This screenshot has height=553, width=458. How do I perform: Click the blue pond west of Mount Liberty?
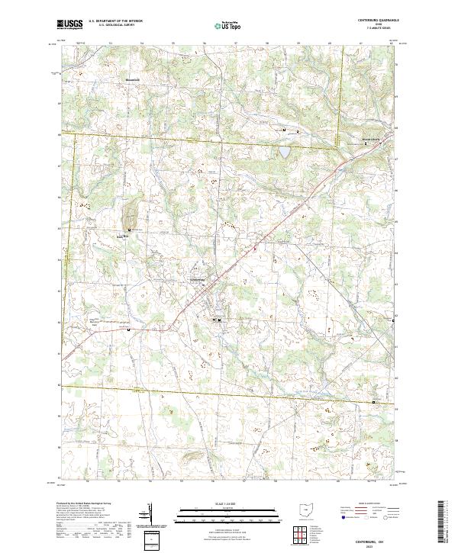pyautogui.click(x=284, y=153)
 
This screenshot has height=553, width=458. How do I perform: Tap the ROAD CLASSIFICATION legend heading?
pyautogui.click(x=365, y=504)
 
